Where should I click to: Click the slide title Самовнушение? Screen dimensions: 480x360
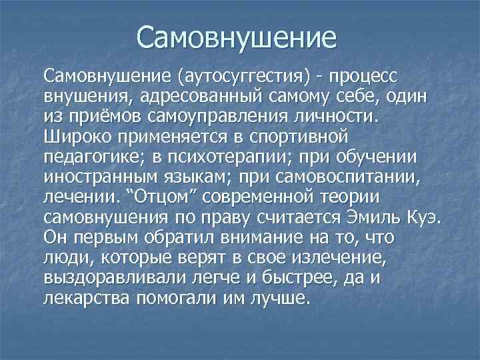coord(236,37)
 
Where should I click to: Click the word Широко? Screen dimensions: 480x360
coord(78,137)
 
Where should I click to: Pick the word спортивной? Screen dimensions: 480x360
coord(299,137)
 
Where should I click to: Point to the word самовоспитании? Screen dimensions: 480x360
coord(348,177)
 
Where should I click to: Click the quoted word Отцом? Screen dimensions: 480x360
coord(161,197)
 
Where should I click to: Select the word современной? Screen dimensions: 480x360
coord(258,197)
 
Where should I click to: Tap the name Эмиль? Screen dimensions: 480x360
coord(374,217)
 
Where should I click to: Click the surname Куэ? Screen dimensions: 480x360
coord(425,217)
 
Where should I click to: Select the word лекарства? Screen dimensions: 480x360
coord(86,298)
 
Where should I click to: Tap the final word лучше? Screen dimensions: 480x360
coord(279,298)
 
